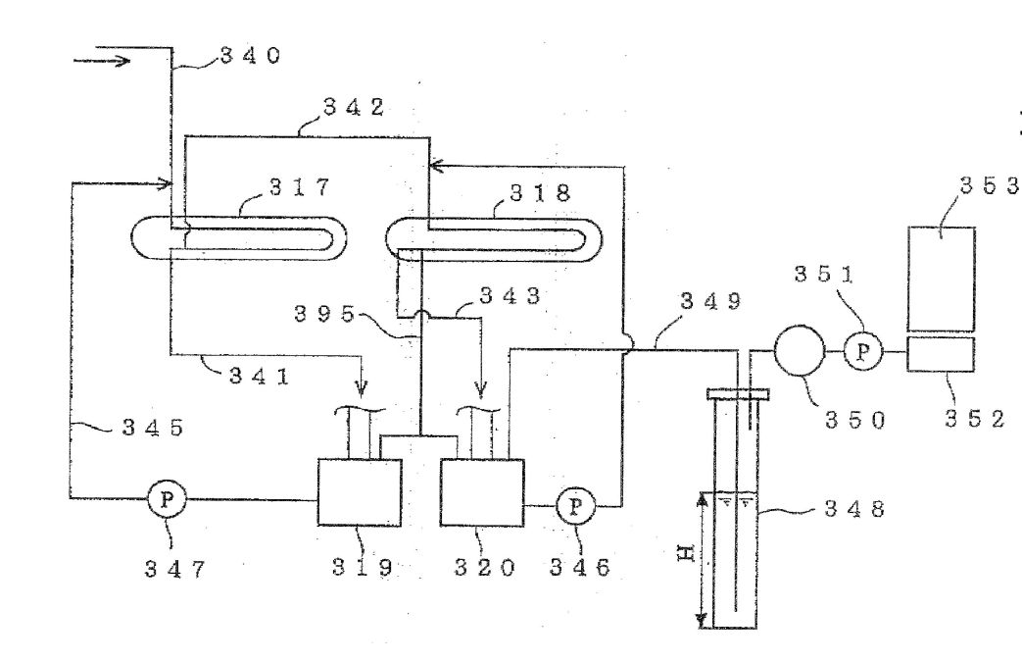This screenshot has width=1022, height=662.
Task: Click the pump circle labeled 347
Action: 168,500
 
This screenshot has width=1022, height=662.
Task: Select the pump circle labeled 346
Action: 575,506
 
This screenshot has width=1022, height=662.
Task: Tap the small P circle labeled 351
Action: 863,351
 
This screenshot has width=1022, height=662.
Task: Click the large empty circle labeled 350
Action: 800,351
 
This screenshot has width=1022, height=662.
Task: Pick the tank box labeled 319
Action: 360,492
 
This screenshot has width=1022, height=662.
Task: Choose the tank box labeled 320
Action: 482,492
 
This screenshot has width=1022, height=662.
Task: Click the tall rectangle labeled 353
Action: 942,280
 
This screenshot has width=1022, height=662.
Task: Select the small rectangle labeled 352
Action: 942,354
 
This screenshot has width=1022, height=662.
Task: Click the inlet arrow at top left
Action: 102,62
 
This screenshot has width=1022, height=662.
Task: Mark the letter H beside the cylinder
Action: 686,554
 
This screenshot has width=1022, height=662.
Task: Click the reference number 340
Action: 250,56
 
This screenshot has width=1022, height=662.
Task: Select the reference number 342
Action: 354,107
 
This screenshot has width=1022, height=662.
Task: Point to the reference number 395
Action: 324,315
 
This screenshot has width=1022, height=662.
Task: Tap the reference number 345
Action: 153,428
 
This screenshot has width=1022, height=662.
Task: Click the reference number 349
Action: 711,301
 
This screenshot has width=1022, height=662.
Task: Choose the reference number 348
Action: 854,508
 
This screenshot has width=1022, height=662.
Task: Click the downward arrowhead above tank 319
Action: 362,389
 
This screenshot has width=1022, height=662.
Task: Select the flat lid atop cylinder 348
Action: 738,394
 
